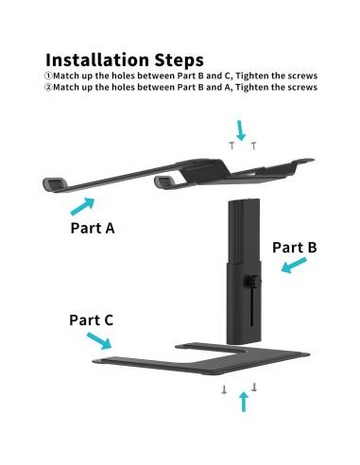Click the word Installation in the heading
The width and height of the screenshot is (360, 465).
point(97,60)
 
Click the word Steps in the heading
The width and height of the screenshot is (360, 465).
point(179,60)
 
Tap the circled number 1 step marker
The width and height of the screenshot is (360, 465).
point(48,76)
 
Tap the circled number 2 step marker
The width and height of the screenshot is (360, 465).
point(48,87)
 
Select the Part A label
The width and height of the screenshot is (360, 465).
point(93,228)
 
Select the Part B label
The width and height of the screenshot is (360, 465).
point(295,248)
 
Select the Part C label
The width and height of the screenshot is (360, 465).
point(92,320)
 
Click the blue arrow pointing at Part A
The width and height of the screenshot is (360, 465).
point(82,206)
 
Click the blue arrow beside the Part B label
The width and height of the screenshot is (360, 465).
point(294,265)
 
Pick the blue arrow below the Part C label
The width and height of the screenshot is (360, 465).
point(99,341)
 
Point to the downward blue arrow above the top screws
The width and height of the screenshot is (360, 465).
point(241,130)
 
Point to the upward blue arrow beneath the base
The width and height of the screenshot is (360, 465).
point(244,402)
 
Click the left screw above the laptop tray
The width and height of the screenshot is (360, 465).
point(232,146)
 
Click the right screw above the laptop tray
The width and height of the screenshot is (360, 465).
point(253,146)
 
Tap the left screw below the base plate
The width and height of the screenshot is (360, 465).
point(224,389)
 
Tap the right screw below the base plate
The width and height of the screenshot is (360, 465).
point(254,387)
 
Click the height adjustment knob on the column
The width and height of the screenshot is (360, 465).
point(252,281)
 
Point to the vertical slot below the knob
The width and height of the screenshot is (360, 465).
point(251,307)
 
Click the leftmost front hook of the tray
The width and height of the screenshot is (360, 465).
point(55,184)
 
